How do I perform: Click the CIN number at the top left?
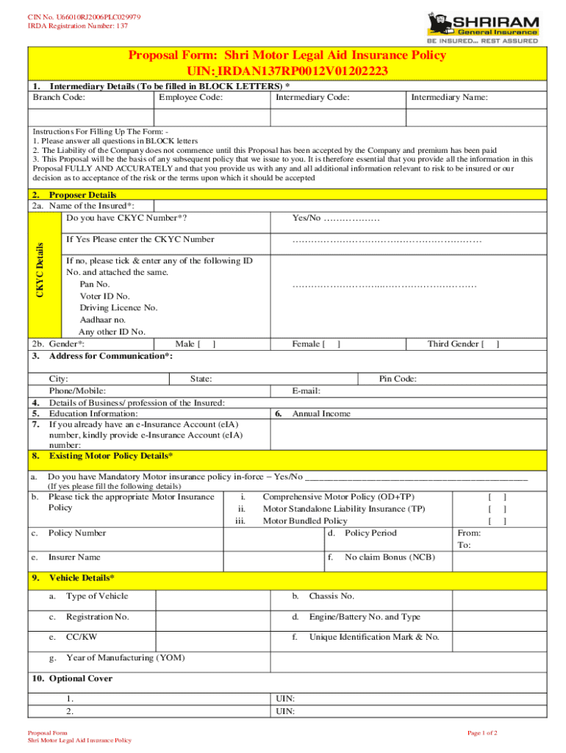tap(74, 16)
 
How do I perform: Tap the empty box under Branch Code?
tap(90, 118)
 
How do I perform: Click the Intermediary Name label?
tap(448, 97)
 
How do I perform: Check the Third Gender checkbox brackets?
tap(490, 343)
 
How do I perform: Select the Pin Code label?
tap(398, 379)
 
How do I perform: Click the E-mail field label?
tap(306, 391)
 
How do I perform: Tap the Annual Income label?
tap(321, 414)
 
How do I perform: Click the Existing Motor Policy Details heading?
tap(110, 457)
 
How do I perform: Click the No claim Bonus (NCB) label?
tap(390, 557)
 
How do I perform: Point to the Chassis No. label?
tap(332, 596)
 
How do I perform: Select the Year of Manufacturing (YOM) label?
tap(125, 657)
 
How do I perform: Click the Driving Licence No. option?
tap(118, 308)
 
